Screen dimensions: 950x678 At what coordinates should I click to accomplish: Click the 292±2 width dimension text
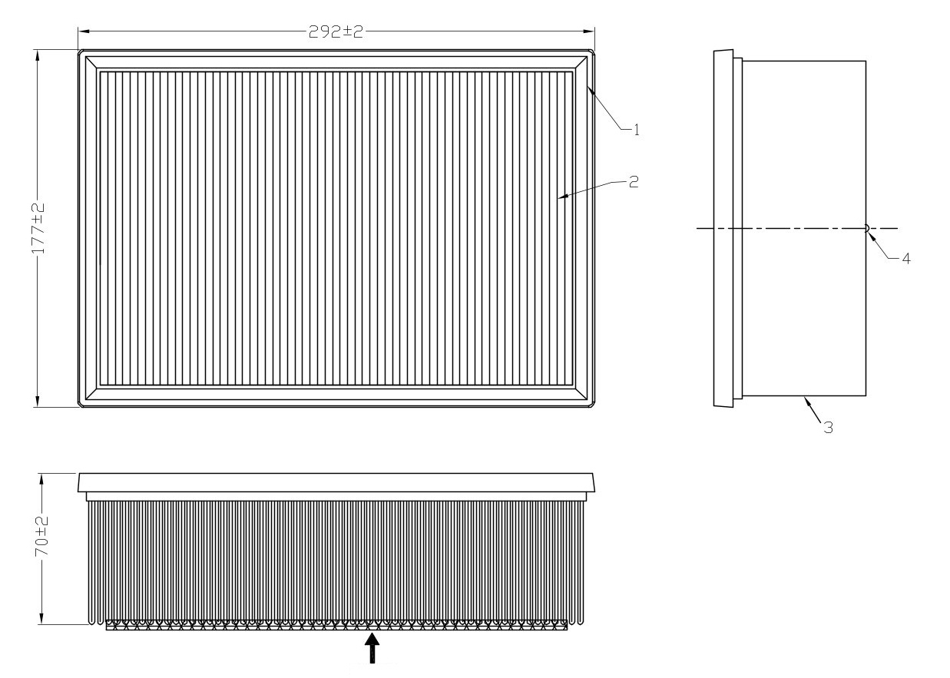point(336,31)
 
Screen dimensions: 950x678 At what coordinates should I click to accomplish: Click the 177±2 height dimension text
point(38,229)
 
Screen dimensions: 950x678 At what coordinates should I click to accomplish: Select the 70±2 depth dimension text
point(42,536)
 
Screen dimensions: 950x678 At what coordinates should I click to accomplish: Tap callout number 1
point(636,130)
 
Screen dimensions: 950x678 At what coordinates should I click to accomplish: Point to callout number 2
point(633,182)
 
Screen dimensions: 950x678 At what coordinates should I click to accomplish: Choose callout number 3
point(829,428)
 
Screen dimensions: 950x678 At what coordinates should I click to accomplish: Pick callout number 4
point(906,259)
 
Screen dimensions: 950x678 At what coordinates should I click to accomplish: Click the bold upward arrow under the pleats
point(372,648)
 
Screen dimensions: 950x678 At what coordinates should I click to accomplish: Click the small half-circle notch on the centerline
point(867,228)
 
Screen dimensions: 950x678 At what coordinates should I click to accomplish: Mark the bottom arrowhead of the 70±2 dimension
point(41,618)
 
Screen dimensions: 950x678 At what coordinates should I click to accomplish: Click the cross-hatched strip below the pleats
point(336,625)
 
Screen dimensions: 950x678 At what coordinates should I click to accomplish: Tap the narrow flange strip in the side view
point(738,229)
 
